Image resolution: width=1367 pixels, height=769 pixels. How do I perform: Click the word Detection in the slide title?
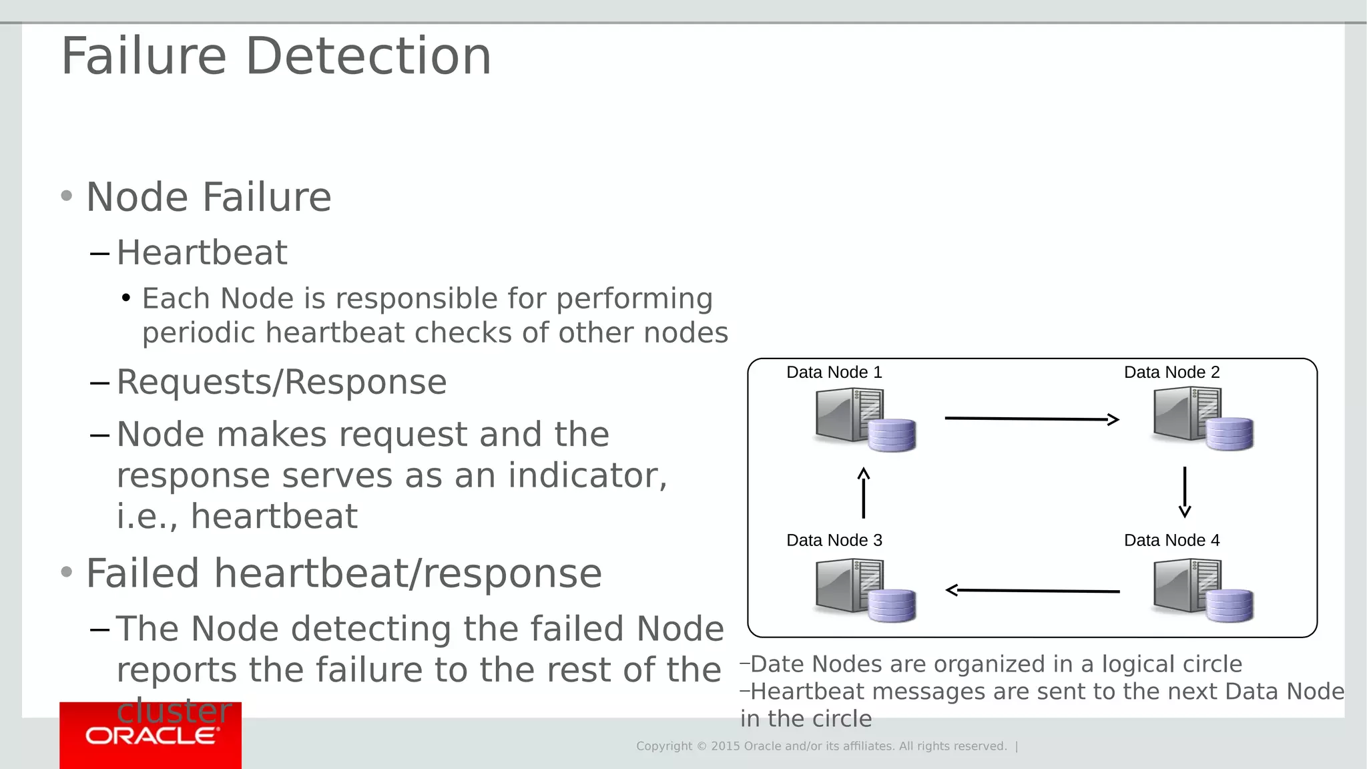coord(368,56)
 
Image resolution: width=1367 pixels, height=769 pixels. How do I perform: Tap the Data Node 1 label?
coord(834,372)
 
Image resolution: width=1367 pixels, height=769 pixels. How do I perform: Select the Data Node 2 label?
coord(1171,372)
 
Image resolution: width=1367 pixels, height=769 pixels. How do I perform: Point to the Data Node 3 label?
coord(834,540)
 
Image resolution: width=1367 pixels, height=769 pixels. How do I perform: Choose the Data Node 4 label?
coord(1171,540)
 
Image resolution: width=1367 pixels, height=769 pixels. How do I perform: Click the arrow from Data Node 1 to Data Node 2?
coord(1031,419)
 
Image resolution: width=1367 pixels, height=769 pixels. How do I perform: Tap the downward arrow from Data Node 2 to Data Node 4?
coord(1185,493)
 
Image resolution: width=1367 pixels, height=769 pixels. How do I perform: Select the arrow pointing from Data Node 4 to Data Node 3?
coord(1033,591)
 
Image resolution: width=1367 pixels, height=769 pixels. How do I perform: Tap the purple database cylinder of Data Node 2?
coord(1229,434)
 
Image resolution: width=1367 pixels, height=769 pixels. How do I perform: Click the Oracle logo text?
coord(151,736)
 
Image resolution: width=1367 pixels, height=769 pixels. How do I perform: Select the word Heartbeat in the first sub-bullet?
coord(202,253)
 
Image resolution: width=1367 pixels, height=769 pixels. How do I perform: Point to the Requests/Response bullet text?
coord(281,382)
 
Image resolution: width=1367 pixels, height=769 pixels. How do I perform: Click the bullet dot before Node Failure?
coord(66,196)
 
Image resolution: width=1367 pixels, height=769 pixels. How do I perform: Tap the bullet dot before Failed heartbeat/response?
coord(66,573)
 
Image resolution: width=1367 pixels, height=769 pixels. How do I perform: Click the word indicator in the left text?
coord(587,476)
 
